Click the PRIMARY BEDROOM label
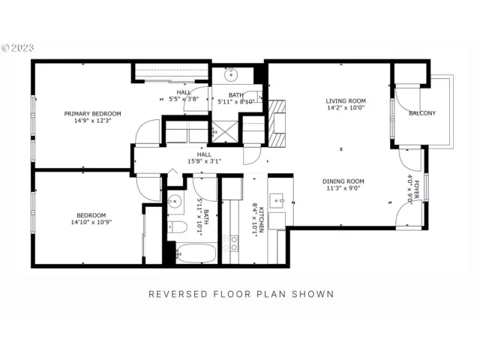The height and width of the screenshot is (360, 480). pos(92,114)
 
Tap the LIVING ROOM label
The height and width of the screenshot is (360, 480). pos(345,101)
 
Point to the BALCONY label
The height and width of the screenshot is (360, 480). pos(422,113)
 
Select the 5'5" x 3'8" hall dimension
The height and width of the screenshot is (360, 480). pos(184,98)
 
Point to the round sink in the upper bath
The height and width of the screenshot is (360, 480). pos(231,74)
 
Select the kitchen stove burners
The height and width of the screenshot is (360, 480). pos(232,242)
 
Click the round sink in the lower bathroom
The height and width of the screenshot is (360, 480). pos(175,201)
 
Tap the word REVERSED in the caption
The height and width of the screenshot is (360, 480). pos(177,294)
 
